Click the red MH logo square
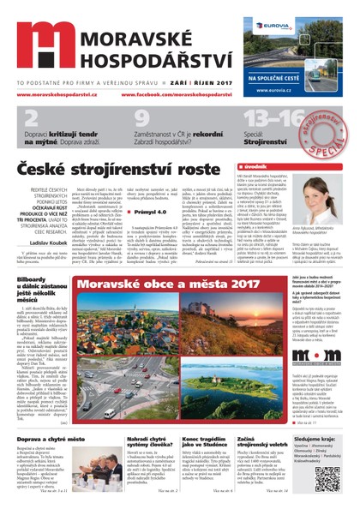42,47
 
